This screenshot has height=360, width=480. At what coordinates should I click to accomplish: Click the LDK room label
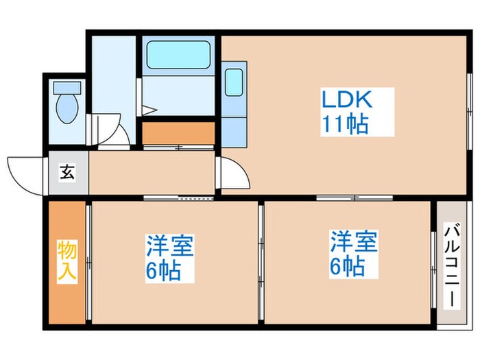click(x=347, y=100)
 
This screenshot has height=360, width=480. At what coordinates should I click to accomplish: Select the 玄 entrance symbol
click(x=68, y=173)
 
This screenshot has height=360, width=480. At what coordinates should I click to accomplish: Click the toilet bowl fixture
click(x=67, y=108)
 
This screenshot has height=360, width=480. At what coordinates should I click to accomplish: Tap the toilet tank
click(x=67, y=88)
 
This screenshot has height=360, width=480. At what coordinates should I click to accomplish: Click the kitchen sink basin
click(x=235, y=84)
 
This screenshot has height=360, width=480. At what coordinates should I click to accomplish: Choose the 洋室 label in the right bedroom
click(x=355, y=242)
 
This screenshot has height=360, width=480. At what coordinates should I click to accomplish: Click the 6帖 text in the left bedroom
click(x=163, y=270)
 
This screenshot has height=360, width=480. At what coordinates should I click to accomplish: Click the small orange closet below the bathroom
click(x=178, y=132)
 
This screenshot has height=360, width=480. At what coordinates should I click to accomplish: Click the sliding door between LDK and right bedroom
click(x=354, y=197)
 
